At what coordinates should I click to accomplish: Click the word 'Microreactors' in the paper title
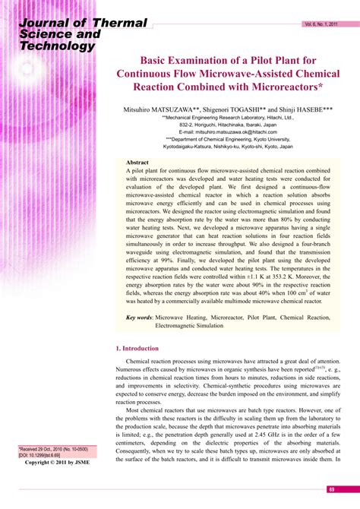(272, 88)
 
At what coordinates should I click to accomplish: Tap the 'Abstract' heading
(137, 163)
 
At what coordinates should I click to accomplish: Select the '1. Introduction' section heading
(138, 349)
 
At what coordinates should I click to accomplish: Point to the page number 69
(332, 489)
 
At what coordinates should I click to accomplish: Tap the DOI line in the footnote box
(45, 455)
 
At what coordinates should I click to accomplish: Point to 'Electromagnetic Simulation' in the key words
(189, 326)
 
